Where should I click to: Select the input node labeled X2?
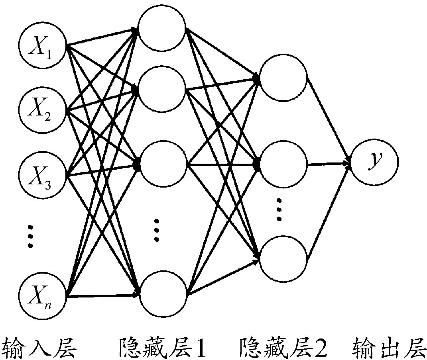pos(43,110)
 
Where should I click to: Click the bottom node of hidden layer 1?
pos(163,294)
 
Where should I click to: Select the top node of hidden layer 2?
pos(283,78)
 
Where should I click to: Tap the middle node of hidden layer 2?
pos(283,164)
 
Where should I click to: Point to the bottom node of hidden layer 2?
pos(283,258)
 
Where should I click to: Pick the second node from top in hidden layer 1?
pos(162,89)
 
